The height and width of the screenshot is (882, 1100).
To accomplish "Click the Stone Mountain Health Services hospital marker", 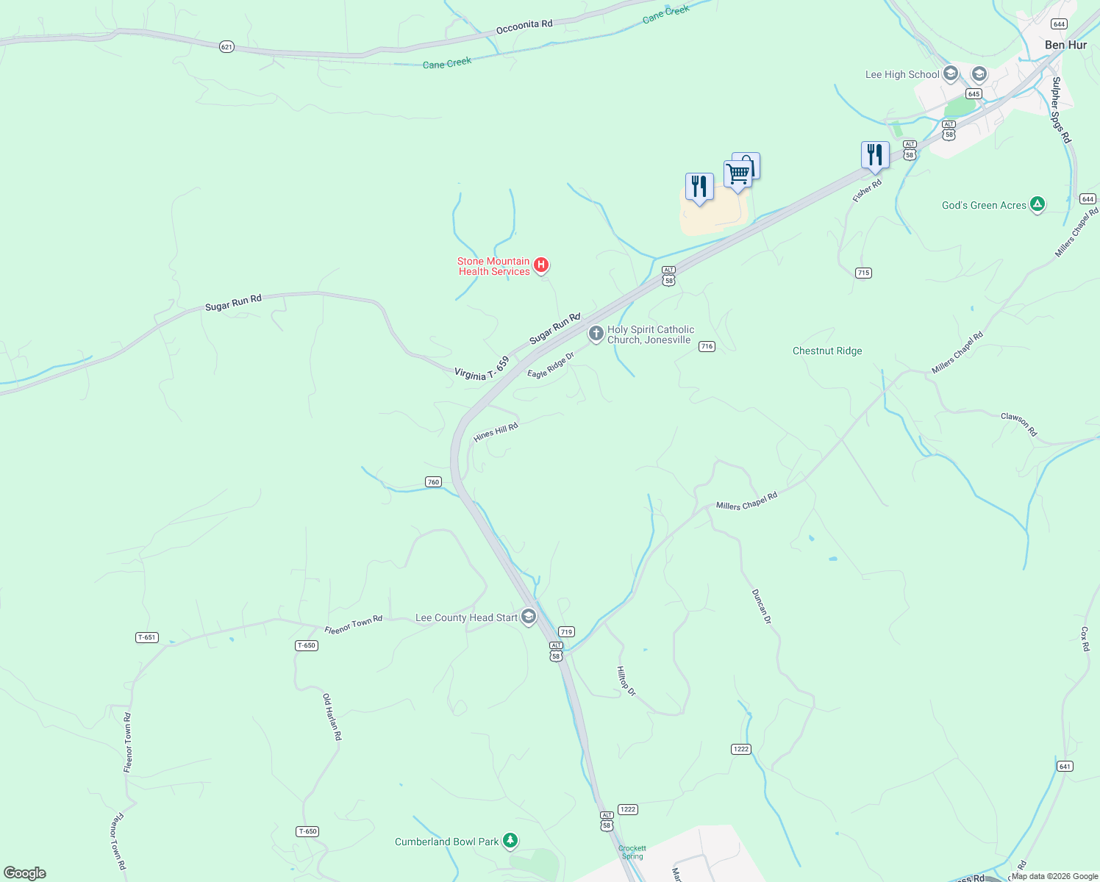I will (x=541, y=265).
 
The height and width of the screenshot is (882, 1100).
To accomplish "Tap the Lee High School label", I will (x=902, y=74).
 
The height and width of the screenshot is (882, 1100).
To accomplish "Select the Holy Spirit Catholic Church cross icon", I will (x=596, y=334).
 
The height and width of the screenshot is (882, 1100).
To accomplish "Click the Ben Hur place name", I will (x=1065, y=45).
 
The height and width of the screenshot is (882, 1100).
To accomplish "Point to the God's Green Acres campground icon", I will (x=1037, y=204).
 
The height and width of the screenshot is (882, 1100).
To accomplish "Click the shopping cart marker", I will (x=737, y=174).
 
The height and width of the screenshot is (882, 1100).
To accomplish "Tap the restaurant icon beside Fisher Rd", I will (x=875, y=154).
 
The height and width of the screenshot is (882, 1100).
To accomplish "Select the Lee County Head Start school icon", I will (x=529, y=617).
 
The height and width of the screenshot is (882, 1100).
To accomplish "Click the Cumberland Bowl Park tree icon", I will (x=510, y=840).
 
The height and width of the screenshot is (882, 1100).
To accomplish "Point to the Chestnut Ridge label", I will (x=827, y=351).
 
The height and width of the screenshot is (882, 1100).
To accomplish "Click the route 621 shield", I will (x=226, y=47).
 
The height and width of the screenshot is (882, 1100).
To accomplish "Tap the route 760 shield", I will (x=433, y=482).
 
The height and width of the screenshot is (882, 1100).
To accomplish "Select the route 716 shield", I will (x=707, y=346).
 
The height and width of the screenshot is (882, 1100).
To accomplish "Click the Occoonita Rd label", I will (x=524, y=26).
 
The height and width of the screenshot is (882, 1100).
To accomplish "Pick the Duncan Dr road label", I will (x=761, y=606).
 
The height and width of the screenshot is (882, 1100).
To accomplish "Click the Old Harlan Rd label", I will (x=332, y=717).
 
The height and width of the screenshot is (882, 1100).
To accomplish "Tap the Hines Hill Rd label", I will (x=496, y=432).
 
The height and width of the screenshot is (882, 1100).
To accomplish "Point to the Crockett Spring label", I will (x=632, y=852).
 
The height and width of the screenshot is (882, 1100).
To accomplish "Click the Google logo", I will (x=25, y=873).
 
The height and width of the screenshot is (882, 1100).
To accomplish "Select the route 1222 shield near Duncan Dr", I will (x=740, y=749).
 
